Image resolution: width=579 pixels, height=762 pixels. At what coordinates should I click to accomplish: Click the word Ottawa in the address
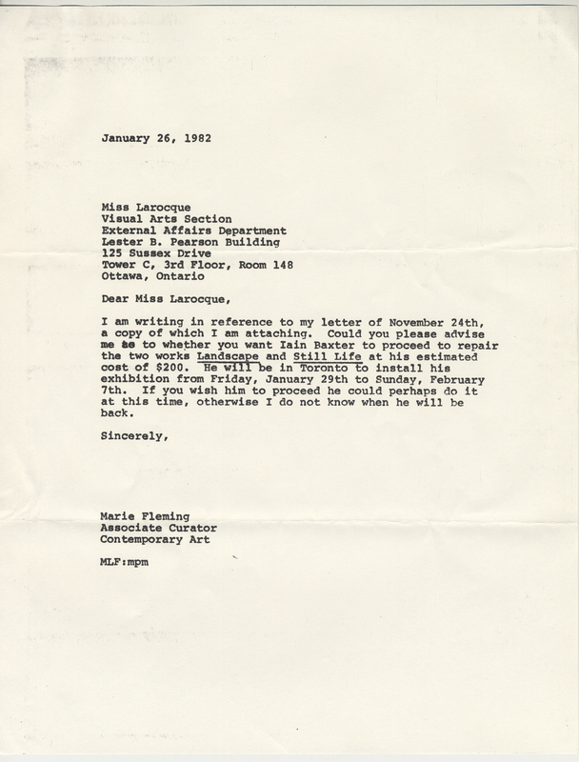click(x=121, y=283)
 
